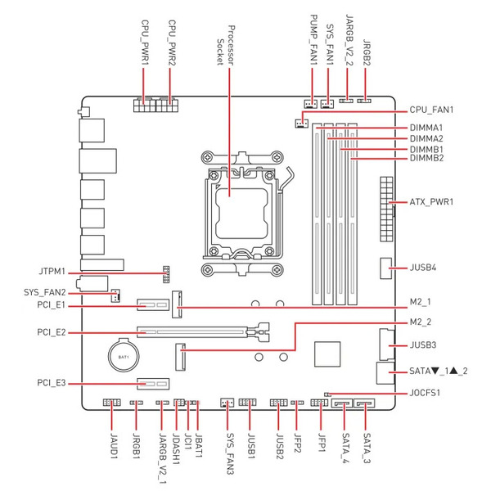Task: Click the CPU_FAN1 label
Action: coord(431,110)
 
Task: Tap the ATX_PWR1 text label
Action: coord(431,202)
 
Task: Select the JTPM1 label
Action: coord(52,271)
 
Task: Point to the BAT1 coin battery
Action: coord(124,356)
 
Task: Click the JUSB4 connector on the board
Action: coord(385,268)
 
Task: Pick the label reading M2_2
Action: coord(421,322)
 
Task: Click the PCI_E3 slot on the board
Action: coord(153,384)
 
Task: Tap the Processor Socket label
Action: coord(226,46)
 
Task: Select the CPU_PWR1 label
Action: coord(145,43)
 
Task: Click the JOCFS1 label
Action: coord(425,393)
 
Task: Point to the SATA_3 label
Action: coord(367,448)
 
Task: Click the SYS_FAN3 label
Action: coord(230,453)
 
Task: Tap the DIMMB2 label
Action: coord(426,158)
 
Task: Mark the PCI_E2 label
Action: coord(52,332)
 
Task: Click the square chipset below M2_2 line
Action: coord(327,354)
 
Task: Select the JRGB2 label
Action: coord(367,52)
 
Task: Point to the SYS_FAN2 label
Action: coord(45,292)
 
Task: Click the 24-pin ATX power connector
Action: coord(387,209)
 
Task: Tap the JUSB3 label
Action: coord(423,345)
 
